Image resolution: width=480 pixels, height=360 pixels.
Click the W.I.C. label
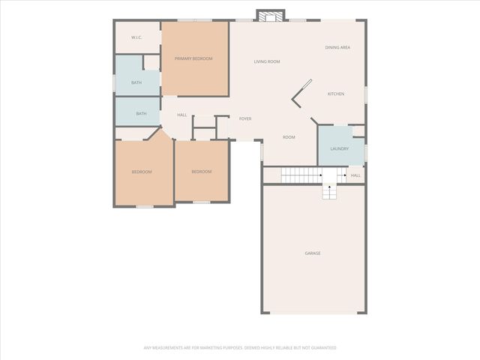tap(136, 37)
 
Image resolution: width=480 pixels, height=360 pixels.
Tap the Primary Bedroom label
tap(193, 58)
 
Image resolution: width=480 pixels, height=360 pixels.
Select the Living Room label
tap(266, 61)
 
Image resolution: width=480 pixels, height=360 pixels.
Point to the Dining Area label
tap(337, 47)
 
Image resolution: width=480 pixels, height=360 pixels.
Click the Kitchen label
tap(335, 94)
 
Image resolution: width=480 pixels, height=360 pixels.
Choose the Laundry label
tap(339, 148)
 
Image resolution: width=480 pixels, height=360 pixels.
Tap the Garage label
tap(313, 253)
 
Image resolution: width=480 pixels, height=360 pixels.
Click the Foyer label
tap(245, 118)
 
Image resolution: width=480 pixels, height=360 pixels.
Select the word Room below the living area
tap(289, 137)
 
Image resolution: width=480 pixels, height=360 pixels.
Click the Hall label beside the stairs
tap(355, 175)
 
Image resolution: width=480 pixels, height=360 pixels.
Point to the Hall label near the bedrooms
tap(181, 115)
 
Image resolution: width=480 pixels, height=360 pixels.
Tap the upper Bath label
tap(136, 82)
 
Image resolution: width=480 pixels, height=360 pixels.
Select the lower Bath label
tap(141, 114)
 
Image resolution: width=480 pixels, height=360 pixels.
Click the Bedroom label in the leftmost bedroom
tap(142, 172)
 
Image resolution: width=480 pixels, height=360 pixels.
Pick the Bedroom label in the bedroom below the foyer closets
tap(201, 172)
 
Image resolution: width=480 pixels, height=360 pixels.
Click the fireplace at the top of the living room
tap(270, 15)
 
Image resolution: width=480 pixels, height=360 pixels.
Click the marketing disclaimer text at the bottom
tap(240, 348)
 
